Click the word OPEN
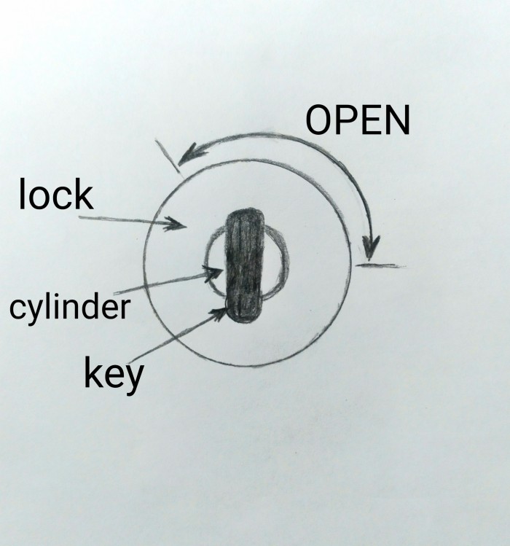(358, 120)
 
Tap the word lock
(56, 194)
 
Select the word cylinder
(69, 308)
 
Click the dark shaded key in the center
(245, 265)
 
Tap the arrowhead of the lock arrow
(176, 224)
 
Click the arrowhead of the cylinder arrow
(213, 273)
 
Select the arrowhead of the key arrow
(218, 313)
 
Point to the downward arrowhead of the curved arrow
(370, 247)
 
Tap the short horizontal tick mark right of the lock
(380, 266)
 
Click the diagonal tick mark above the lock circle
(168, 156)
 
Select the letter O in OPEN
(318, 120)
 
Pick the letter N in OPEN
(398, 120)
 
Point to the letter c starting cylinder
(16, 308)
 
